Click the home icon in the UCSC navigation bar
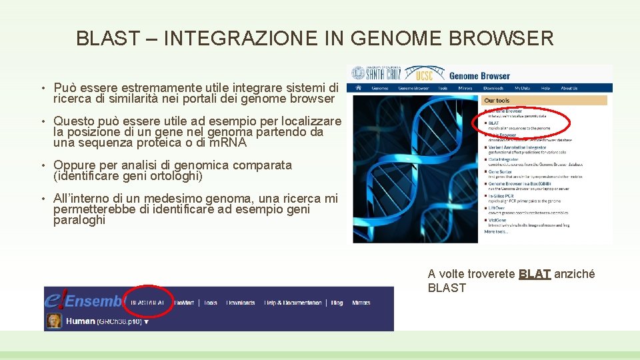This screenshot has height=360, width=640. point(358,88)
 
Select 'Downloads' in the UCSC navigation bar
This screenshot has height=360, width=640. point(493,88)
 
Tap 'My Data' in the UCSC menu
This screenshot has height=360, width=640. point(521,88)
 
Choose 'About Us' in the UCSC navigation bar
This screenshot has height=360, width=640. point(569,88)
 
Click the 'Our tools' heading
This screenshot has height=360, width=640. point(497,101)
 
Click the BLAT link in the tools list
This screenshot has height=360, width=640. point(494,123)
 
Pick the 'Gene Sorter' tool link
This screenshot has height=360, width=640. point(501,172)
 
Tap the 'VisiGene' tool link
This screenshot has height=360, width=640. point(497,220)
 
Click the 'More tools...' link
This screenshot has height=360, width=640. point(495,231)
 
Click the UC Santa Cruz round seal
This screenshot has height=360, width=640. point(359,73)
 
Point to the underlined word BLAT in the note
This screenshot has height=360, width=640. point(535,274)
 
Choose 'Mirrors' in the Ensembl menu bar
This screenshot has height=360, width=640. point(361,303)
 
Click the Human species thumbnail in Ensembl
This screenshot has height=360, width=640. point(53,321)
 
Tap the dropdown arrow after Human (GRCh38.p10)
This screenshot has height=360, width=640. point(146,322)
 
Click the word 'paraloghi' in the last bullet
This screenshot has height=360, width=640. point(79,221)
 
